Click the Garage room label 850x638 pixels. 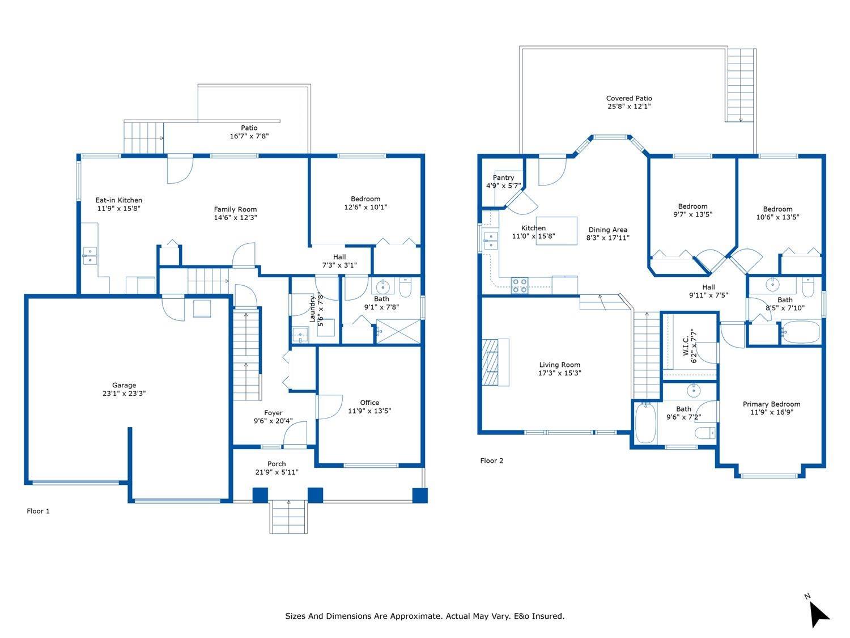click(x=124, y=385)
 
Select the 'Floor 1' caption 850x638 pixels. click(x=38, y=511)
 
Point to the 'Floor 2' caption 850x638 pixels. click(x=491, y=460)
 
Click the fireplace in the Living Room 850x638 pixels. click(x=495, y=362)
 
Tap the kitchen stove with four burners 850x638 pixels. click(x=519, y=285)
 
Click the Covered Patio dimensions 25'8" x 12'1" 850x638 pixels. click(x=629, y=106)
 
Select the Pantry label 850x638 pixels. click(x=503, y=178)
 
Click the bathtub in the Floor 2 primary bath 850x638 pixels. click(x=645, y=423)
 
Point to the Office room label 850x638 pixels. click(x=369, y=403)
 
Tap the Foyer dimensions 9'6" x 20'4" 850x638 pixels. click(x=273, y=421)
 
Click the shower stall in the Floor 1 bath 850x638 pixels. click(x=398, y=331)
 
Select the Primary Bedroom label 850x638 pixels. click(x=771, y=404)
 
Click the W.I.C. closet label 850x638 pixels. click(x=686, y=346)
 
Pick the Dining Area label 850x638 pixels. click(x=607, y=230)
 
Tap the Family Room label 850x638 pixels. click(x=235, y=209)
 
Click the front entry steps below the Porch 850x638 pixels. click(x=288, y=517)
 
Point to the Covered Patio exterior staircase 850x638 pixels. click(x=741, y=85)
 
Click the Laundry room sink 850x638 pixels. click(x=300, y=335)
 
